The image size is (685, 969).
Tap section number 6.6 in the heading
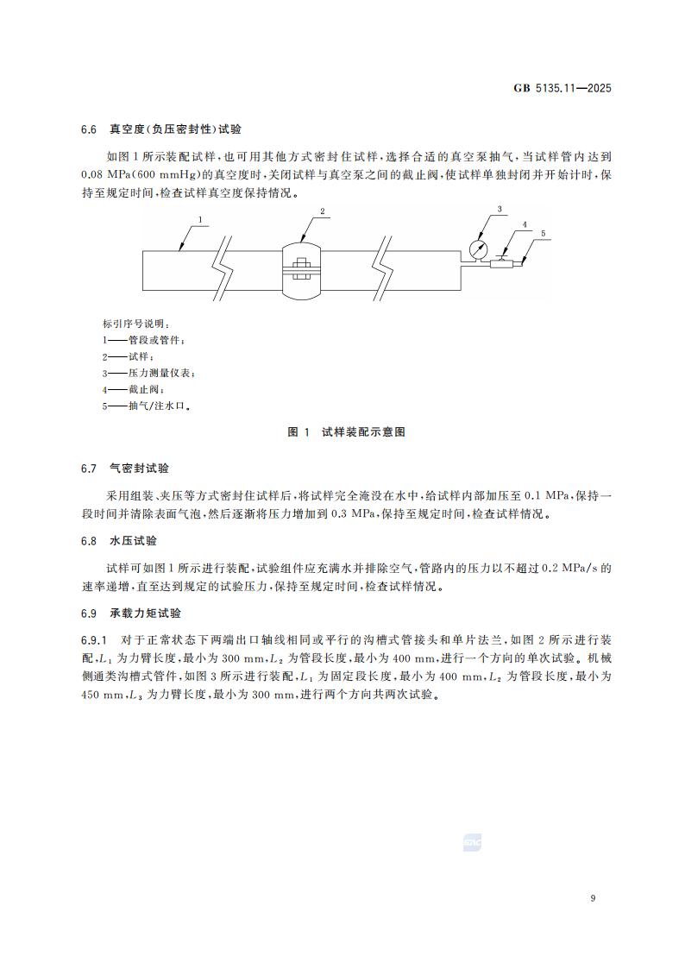point(88,129)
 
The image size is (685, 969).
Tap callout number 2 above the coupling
point(322,211)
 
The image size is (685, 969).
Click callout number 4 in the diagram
point(524,224)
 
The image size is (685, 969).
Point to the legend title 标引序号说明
point(130,324)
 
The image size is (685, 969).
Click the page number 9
point(594,899)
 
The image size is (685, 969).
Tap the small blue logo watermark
point(472,842)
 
